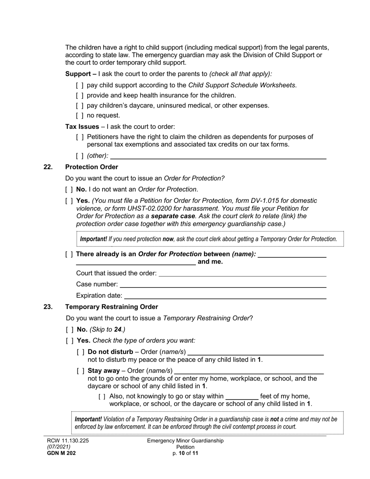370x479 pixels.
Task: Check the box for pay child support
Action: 79,85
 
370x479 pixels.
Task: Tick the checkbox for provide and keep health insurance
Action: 79,95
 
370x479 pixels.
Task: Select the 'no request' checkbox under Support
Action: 79,116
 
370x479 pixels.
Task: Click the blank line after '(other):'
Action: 218,156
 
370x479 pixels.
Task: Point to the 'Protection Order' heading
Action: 92,167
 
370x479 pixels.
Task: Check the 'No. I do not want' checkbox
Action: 69,190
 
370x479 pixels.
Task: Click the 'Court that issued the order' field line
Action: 242,273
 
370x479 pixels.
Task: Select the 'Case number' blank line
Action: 223,284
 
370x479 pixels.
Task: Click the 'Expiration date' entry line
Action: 225,296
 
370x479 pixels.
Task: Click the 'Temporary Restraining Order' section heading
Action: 111,307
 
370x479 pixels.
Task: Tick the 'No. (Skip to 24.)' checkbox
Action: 69,329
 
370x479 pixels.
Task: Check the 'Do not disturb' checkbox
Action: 81,352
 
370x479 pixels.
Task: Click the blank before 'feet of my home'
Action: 242,396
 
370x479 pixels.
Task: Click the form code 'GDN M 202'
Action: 62,453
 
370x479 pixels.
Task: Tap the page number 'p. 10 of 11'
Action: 185,453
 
